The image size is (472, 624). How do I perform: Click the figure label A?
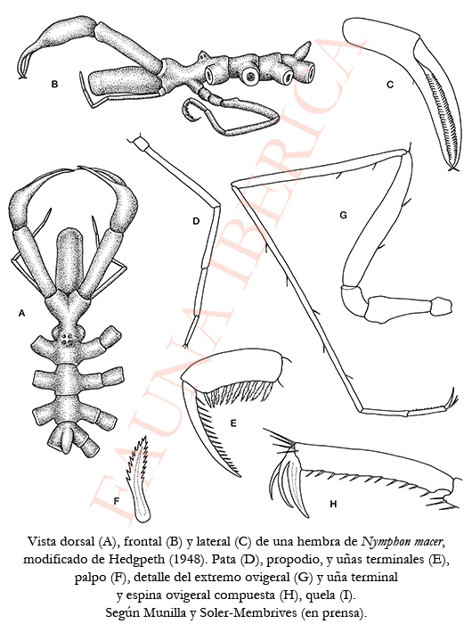click(22, 314)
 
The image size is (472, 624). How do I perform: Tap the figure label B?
click(55, 84)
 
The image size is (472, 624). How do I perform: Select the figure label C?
click(390, 85)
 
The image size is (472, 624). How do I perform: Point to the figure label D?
click(196, 221)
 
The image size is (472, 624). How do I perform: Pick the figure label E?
click(233, 423)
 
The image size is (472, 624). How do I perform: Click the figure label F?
click(117, 501)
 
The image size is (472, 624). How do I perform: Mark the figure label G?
click(344, 215)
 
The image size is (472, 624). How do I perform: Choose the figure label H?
click(333, 505)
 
